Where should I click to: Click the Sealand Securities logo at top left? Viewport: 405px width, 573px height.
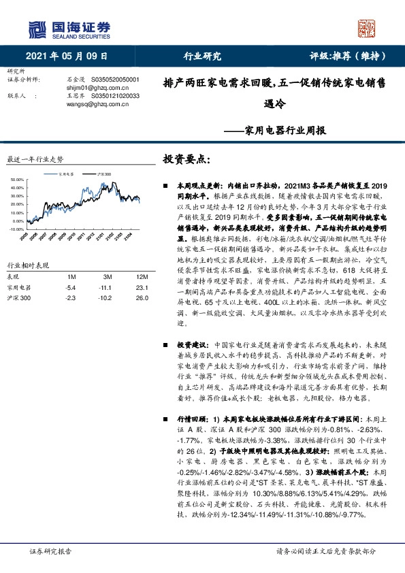(68, 28)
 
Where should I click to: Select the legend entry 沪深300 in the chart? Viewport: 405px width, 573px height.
(103, 174)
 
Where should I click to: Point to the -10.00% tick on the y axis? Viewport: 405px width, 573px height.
(14, 210)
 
